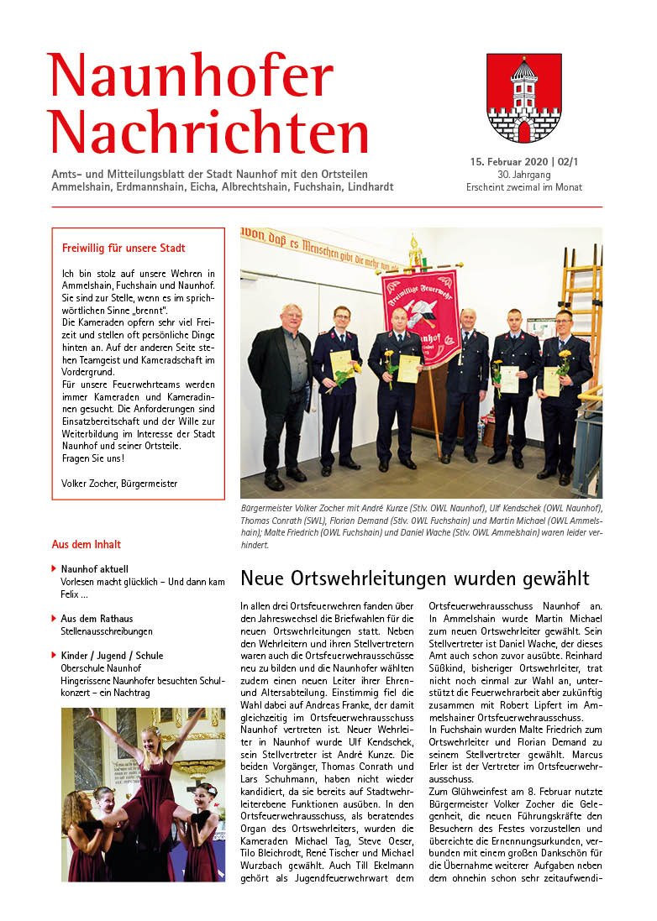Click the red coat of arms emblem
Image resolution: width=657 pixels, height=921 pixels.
coord(523,98)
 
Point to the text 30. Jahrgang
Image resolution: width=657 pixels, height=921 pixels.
coord(523,174)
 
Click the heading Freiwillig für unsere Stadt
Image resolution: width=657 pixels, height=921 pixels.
coord(124,249)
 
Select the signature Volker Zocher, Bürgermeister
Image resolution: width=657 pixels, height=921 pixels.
coord(119,483)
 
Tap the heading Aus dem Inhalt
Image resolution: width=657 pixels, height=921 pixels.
coord(87,544)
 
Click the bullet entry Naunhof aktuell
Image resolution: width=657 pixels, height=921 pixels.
coord(95,569)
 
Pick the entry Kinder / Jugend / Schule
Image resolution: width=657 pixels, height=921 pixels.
coord(112,656)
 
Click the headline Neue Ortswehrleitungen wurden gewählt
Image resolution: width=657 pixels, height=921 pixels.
coord(415,578)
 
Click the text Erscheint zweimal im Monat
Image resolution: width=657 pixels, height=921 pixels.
coord(523,187)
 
